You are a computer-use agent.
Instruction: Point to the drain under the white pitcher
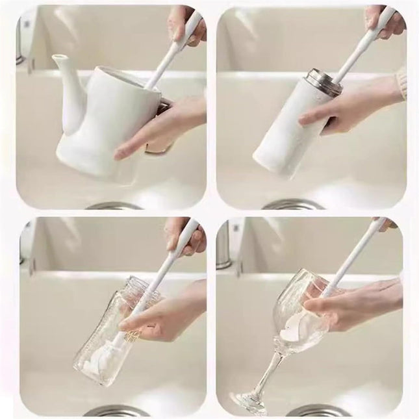click(114, 205)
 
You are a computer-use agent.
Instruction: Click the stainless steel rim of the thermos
click(323, 83)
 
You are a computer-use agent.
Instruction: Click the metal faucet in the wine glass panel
click(224, 244)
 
